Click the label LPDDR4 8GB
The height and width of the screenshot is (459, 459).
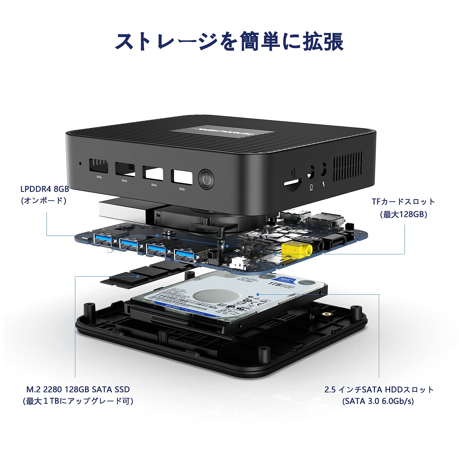tap(45, 189)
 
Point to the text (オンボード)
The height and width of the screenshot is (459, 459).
tap(44, 200)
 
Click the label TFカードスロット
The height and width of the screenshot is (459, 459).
tap(403, 202)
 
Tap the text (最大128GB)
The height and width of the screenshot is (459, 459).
tap(403, 214)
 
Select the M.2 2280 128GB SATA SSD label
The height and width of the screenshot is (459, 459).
tap(78, 389)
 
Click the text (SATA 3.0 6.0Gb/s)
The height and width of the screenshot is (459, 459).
tap(378, 401)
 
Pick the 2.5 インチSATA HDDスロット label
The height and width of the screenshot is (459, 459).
tap(379, 390)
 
